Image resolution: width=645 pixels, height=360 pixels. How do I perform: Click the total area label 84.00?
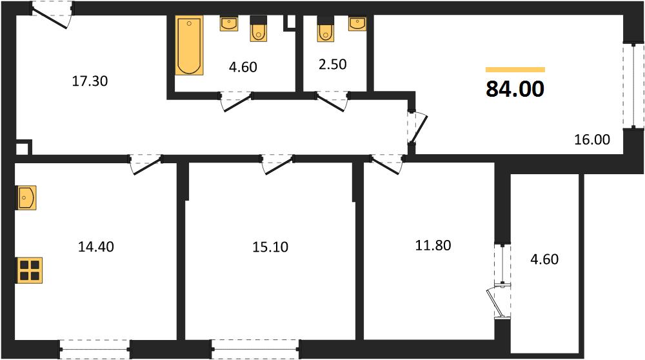point(515,89)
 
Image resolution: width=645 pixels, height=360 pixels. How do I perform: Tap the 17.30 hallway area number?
point(90,81)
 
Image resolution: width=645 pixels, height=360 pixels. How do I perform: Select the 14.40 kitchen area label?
point(96,247)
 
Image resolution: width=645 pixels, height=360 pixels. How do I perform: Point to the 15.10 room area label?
point(270,247)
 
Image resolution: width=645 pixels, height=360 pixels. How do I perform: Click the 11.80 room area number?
point(433,246)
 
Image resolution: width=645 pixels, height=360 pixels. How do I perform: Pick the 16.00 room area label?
point(592,140)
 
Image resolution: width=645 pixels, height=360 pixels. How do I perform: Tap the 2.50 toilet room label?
point(332,65)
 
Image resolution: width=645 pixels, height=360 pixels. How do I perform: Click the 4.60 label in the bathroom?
point(243,67)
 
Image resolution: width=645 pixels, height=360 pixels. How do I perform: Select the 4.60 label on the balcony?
point(544,259)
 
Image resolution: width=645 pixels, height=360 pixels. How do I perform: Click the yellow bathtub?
point(189,45)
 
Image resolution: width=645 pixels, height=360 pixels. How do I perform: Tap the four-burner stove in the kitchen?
point(29,270)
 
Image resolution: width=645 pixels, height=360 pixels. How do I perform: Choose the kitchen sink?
point(26,198)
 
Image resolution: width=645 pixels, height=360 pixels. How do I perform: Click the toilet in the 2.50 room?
point(325,29)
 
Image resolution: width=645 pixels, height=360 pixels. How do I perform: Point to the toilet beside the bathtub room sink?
point(259,29)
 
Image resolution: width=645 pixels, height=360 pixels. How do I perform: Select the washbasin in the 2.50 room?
point(357,23)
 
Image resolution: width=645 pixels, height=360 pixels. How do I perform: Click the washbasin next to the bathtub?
point(229,23)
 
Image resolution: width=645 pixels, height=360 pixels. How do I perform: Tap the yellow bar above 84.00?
point(515,70)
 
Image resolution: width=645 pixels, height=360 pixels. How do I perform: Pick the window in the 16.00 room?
point(633,86)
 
